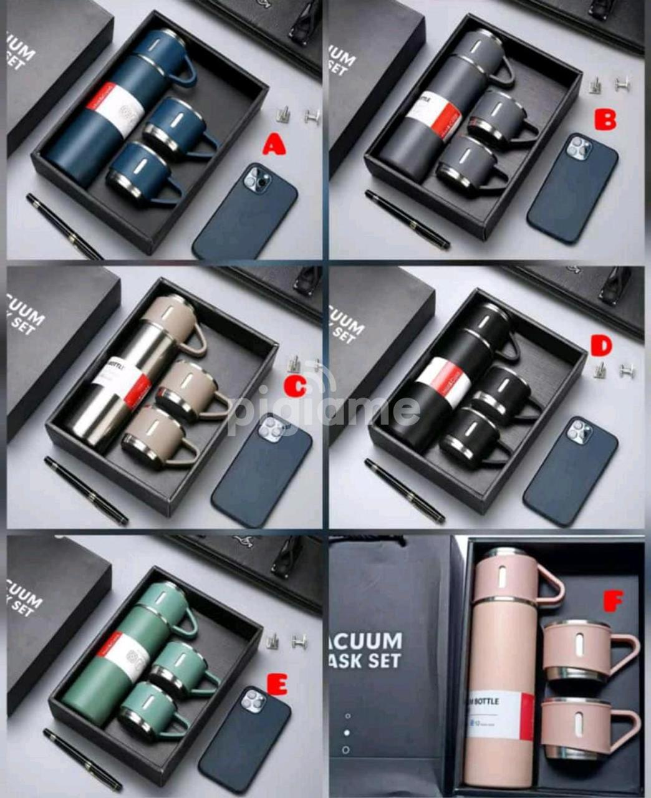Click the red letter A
(274, 145)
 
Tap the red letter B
(605, 119)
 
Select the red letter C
(294, 387)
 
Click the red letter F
(614, 602)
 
